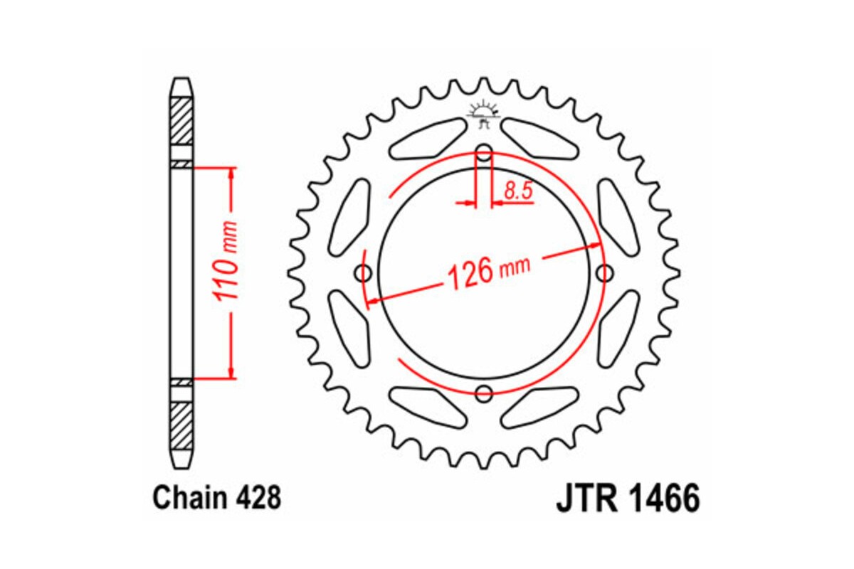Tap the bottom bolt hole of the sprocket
[484, 393]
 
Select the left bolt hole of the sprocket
[364, 272]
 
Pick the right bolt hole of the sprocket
[605, 272]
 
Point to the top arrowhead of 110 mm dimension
[231, 174]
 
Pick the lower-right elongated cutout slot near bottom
[541, 407]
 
